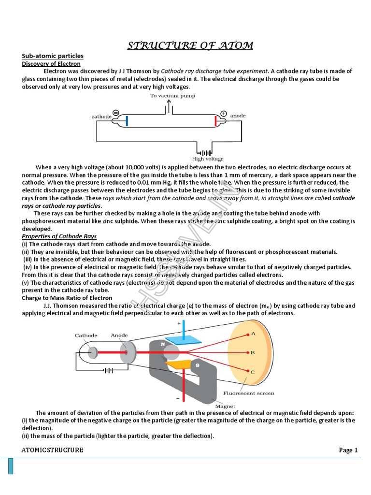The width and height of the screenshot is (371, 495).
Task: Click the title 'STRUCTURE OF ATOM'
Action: pos(190,46)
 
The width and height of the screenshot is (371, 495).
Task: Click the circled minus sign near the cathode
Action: pos(116,113)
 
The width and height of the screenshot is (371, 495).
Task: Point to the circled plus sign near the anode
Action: pos(223,114)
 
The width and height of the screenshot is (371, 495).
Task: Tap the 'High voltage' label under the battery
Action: pos(208,159)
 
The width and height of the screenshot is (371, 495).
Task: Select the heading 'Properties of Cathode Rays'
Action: pos(59,236)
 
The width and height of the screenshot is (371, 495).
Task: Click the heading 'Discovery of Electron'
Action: pos(51,63)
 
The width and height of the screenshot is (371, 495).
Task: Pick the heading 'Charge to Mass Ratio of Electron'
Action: pos(67,298)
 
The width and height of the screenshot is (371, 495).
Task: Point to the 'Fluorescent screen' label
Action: pos(248,393)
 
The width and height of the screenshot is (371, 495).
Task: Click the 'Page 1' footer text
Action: pos(348,450)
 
